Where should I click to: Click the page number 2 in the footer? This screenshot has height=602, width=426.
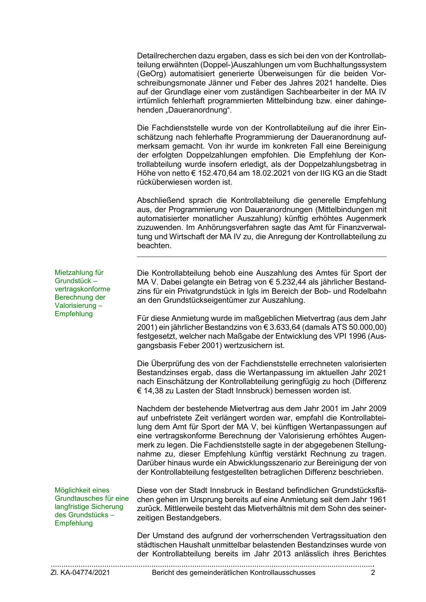(373, 572)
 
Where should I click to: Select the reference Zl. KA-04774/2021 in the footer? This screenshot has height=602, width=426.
(80, 572)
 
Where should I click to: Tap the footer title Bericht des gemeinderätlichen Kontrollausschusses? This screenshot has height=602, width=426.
(233, 572)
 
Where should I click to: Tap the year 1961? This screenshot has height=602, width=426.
(378, 499)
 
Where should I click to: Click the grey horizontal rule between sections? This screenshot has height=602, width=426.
(262, 257)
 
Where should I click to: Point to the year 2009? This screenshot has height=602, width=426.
(378, 409)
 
